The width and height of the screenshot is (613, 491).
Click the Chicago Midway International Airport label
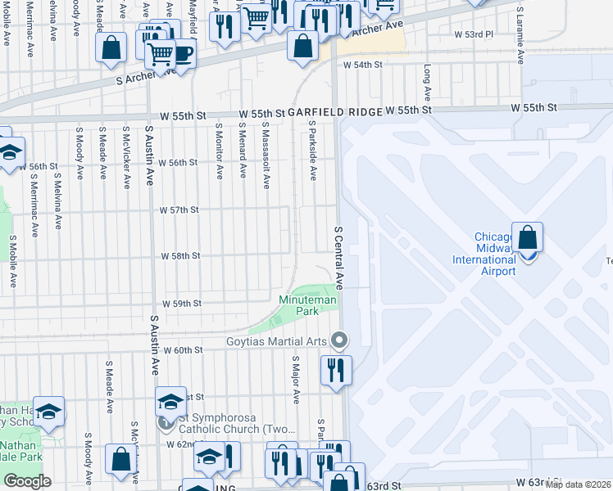click(x=485, y=255)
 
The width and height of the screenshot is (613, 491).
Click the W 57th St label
click(x=180, y=210)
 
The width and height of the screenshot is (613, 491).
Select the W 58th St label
click(x=181, y=256)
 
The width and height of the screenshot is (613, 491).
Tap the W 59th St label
click(x=181, y=304)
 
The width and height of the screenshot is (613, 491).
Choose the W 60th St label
click(x=183, y=350)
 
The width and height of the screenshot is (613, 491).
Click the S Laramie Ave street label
click(x=520, y=34)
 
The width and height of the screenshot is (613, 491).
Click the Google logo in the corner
click(x=27, y=481)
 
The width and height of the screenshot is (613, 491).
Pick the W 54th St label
click(x=363, y=65)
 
